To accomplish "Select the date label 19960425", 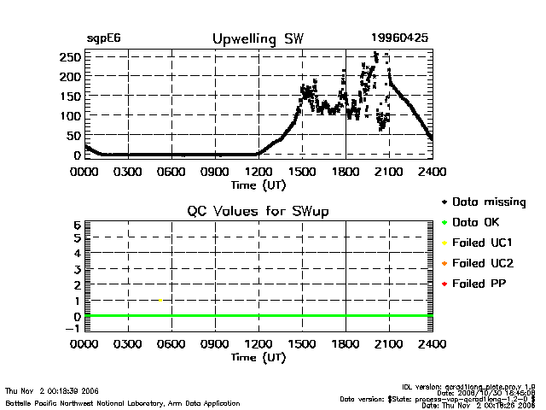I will (399, 38).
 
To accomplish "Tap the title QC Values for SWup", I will (258, 211).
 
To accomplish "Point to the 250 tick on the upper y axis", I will (70, 57).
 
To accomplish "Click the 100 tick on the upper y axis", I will (70, 115).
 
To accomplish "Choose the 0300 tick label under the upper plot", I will (128, 171).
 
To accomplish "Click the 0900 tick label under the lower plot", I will (215, 344).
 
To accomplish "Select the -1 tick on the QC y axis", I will (73, 328).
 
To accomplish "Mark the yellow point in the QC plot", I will (160, 300).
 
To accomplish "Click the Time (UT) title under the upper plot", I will (258, 184).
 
